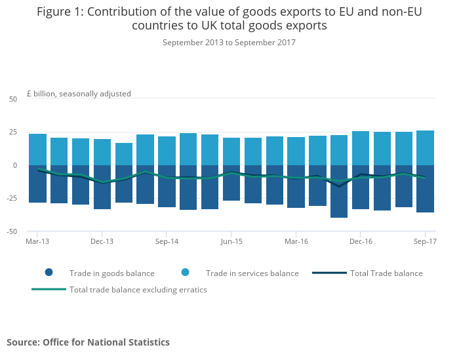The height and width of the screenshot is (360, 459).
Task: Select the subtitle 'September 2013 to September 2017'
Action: point(229,43)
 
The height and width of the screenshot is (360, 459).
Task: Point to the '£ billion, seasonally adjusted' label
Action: point(79,94)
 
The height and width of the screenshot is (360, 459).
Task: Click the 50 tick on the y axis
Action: point(13,99)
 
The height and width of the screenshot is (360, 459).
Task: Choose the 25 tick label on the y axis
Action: point(13,132)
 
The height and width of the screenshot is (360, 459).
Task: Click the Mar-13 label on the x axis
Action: point(37,241)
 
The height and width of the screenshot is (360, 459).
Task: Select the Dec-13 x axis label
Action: point(102,241)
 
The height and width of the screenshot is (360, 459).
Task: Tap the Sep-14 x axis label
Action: point(167,241)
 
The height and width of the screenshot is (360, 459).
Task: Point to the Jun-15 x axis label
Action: point(231,241)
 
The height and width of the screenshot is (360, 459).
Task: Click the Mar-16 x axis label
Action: point(296,241)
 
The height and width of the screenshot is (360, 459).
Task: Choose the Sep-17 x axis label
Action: point(425,241)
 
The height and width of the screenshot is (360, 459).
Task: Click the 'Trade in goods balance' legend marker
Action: point(49,273)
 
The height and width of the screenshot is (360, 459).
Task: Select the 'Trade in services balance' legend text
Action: point(252,273)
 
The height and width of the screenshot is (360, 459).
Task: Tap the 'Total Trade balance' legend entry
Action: point(386,273)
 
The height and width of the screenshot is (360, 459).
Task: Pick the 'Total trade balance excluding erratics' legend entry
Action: point(138,290)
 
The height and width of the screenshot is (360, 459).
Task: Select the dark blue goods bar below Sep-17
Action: point(425,190)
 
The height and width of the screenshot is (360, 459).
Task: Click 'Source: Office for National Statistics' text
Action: point(88,342)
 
